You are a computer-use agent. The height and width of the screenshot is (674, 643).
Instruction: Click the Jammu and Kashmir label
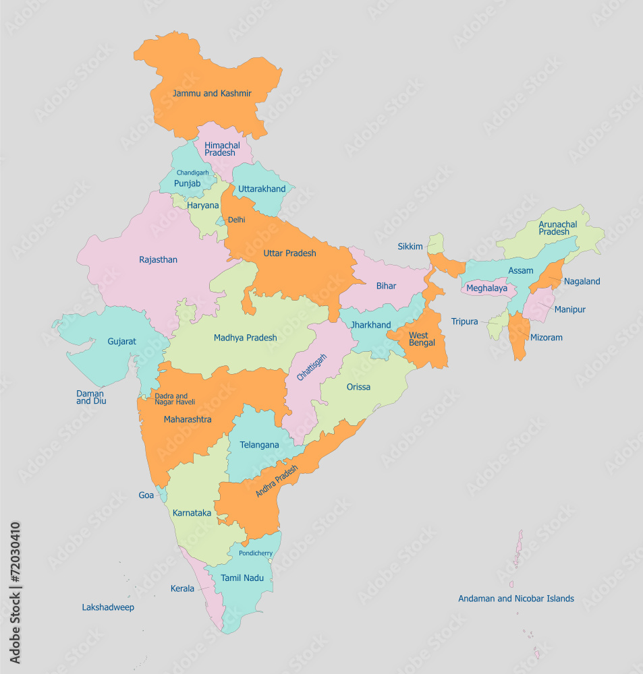(212, 93)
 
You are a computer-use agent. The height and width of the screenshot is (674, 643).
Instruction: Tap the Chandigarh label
(192, 173)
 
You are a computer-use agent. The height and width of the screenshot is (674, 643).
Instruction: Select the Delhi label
(236, 220)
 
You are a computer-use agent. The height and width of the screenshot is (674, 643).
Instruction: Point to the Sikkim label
(410, 247)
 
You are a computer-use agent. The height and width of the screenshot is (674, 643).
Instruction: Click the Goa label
(146, 495)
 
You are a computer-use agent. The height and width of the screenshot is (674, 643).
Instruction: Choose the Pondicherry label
(256, 553)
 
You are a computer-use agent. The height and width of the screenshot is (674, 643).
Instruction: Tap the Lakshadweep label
(108, 607)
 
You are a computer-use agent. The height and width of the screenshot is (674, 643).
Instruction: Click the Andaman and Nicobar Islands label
(516, 599)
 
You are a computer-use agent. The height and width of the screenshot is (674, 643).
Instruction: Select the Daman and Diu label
(91, 397)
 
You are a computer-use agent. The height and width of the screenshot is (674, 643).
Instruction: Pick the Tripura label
(464, 321)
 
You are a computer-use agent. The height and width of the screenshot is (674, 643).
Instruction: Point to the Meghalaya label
(486, 288)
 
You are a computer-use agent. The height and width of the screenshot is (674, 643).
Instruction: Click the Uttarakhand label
(262, 189)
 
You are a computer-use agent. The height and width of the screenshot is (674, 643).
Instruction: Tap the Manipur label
(569, 309)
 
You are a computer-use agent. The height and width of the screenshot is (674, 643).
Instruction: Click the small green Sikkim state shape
(437, 243)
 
